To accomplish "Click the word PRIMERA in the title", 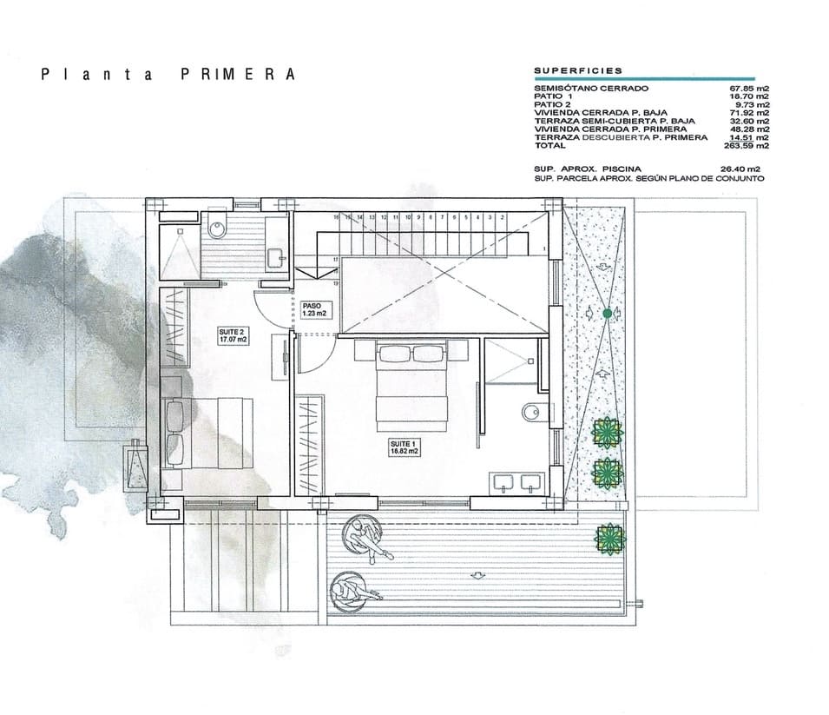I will click(238, 74).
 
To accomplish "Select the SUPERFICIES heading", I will click(577, 70).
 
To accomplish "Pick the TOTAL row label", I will click(550, 145).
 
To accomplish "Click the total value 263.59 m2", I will click(749, 145).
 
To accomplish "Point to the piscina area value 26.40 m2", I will click(740, 169).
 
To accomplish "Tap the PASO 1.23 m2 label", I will click(313, 309).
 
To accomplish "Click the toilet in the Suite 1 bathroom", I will click(531, 412).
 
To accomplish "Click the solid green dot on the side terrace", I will click(608, 312).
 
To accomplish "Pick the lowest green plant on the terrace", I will click(610, 539).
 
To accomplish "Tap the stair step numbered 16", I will click(335, 216).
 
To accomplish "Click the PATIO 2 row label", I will click(553, 104).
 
